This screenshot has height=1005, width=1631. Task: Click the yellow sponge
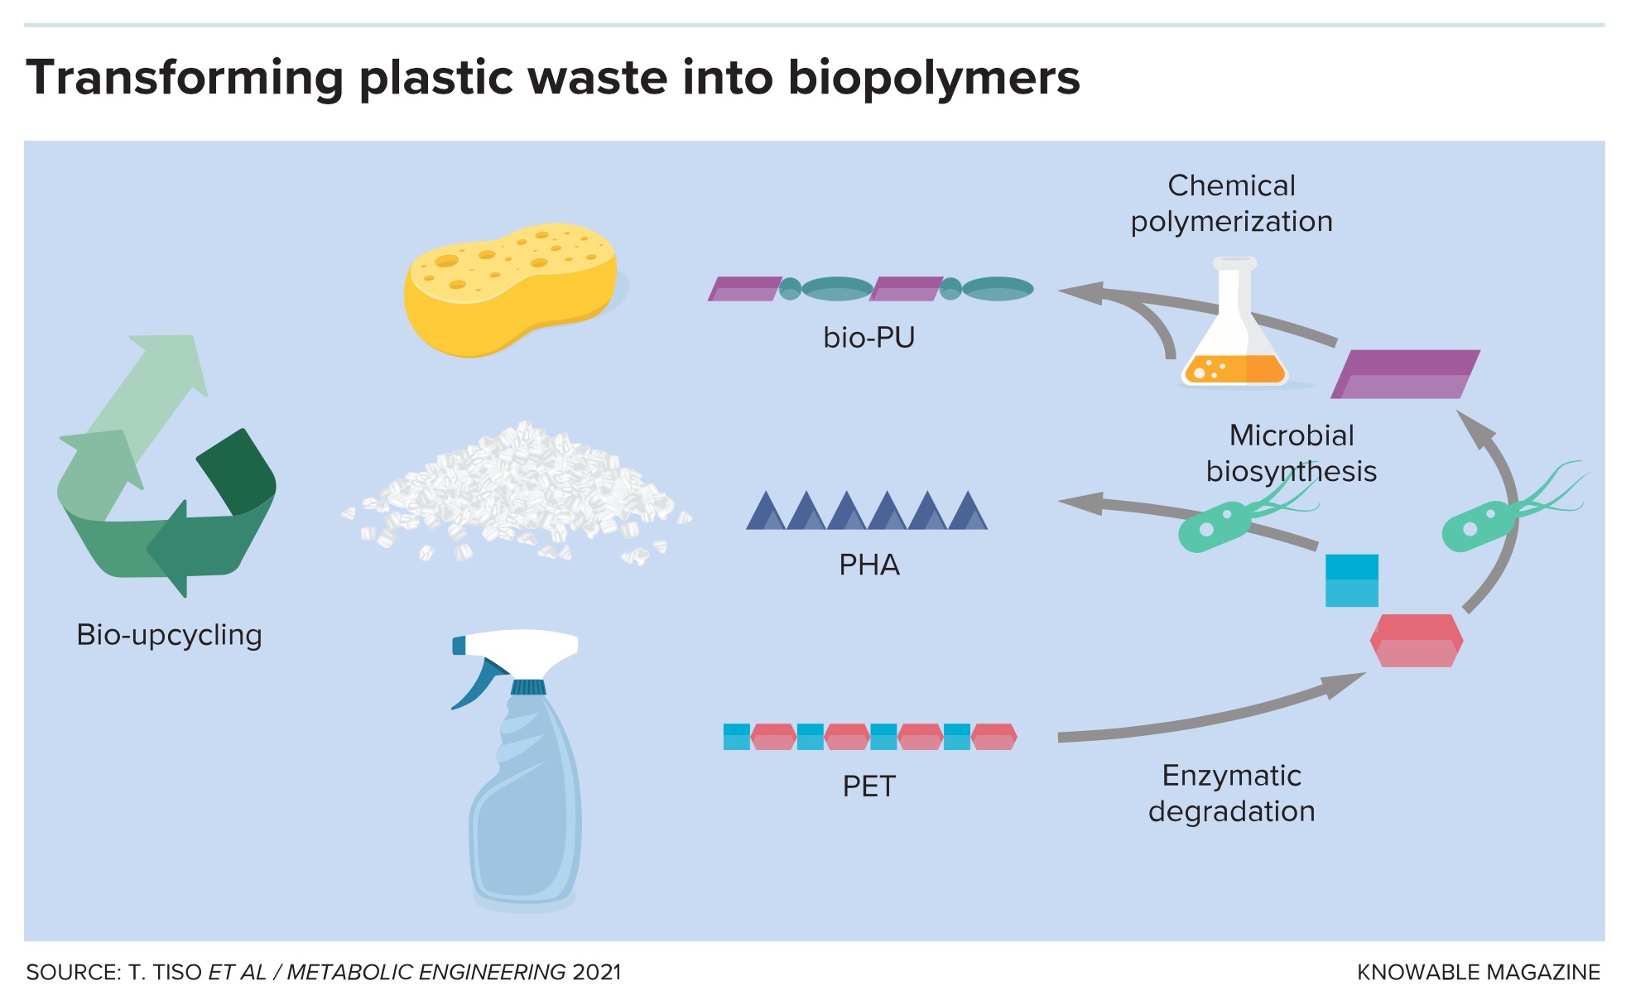509,290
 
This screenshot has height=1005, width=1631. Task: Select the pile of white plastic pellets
513,493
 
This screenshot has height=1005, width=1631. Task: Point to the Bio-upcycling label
169,635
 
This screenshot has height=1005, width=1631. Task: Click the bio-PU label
868,338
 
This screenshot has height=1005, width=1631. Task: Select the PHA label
868,565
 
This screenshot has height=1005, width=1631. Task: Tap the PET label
868,786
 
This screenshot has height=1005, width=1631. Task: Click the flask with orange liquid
1234,331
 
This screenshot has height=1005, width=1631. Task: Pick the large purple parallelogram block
1405,374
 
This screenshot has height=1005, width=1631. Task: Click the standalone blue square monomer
1351,580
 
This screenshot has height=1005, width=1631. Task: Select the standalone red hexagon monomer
1416,641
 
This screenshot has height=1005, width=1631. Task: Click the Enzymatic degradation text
1231,793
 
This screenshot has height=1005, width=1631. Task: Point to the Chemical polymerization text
1231,204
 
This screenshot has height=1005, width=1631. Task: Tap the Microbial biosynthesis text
1291,453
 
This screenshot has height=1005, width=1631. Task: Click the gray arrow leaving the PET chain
1200,720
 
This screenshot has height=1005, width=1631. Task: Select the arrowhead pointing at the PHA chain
1080,502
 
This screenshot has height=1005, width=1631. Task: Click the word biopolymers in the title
933,79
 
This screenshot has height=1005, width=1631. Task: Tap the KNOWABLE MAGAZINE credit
1478,972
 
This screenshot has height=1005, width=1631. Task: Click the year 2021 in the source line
596,972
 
